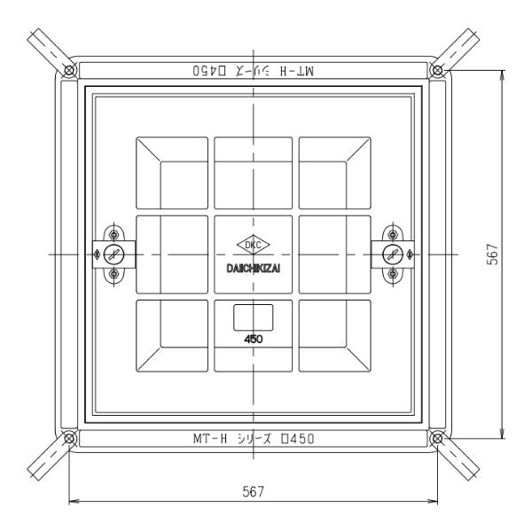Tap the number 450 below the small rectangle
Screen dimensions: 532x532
(x=254, y=339)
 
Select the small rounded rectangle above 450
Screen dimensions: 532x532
(x=254, y=317)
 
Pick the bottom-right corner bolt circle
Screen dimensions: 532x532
(x=436, y=438)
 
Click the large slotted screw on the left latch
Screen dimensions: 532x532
(x=113, y=254)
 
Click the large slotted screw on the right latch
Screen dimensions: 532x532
(x=391, y=254)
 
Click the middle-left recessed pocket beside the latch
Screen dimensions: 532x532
(x=172, y=254)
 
